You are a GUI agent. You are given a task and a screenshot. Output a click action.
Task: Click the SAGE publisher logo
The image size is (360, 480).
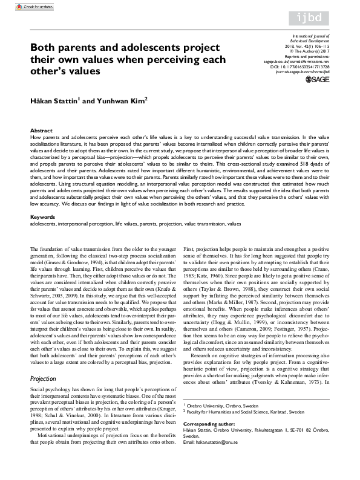(317, 96)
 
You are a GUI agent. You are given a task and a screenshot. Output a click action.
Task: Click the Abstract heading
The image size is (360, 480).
(41, 131)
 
